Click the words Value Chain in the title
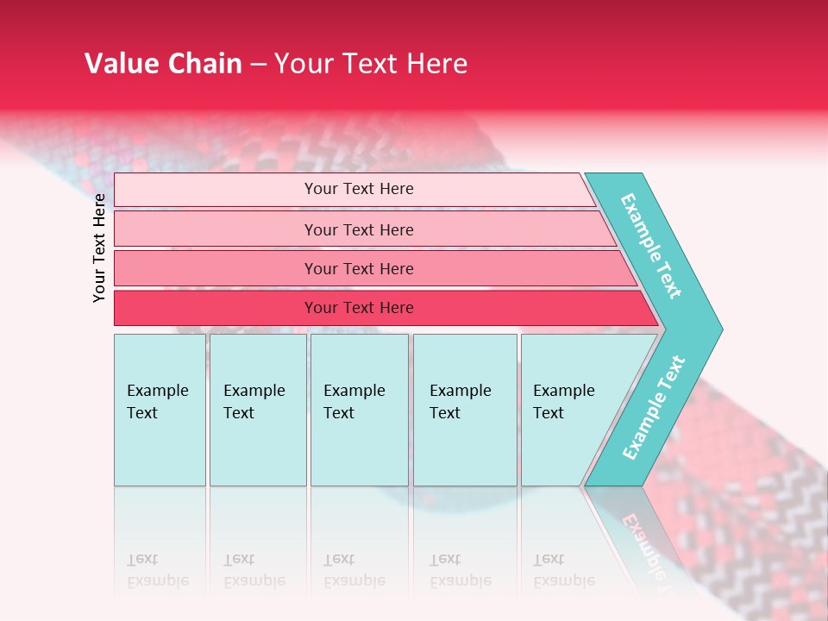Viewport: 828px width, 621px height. [x=163, y=64]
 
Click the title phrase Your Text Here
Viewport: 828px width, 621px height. [x=371, y=64]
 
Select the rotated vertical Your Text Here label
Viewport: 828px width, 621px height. [x=100, y=248]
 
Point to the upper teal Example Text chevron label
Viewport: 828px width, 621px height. [x=651, y=246]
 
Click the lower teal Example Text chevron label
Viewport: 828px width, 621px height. [x=654, y=408]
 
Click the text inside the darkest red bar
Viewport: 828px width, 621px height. [x=359, y=308]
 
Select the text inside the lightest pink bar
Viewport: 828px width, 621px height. [x=359, y=189]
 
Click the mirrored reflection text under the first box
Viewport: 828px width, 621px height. [x=157, y=570]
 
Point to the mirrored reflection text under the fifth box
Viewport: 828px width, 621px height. [x=564, y=570]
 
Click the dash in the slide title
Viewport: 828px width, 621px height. [x=258, y=65]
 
